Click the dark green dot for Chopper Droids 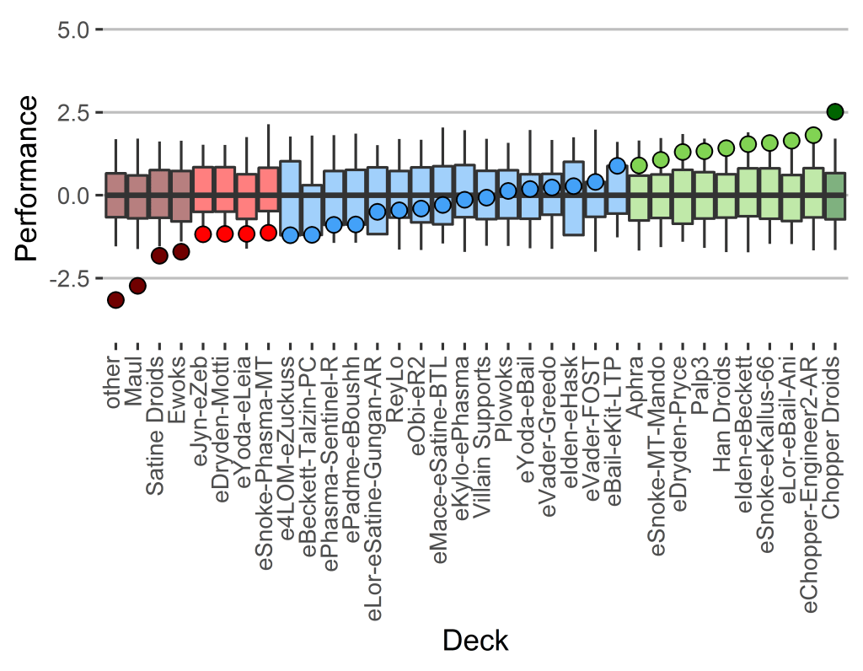(835, 111)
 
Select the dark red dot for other (115, 300)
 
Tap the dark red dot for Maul (137, 286)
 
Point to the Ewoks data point (181, 251)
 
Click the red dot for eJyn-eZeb (203, 234)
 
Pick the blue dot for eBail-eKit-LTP (617, 166)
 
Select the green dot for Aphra (639, 165)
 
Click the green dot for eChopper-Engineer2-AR (813, 135)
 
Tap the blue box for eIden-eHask (573, 198)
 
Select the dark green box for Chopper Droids (835, 196)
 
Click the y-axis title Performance (27, 178)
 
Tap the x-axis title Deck (475, 641)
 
